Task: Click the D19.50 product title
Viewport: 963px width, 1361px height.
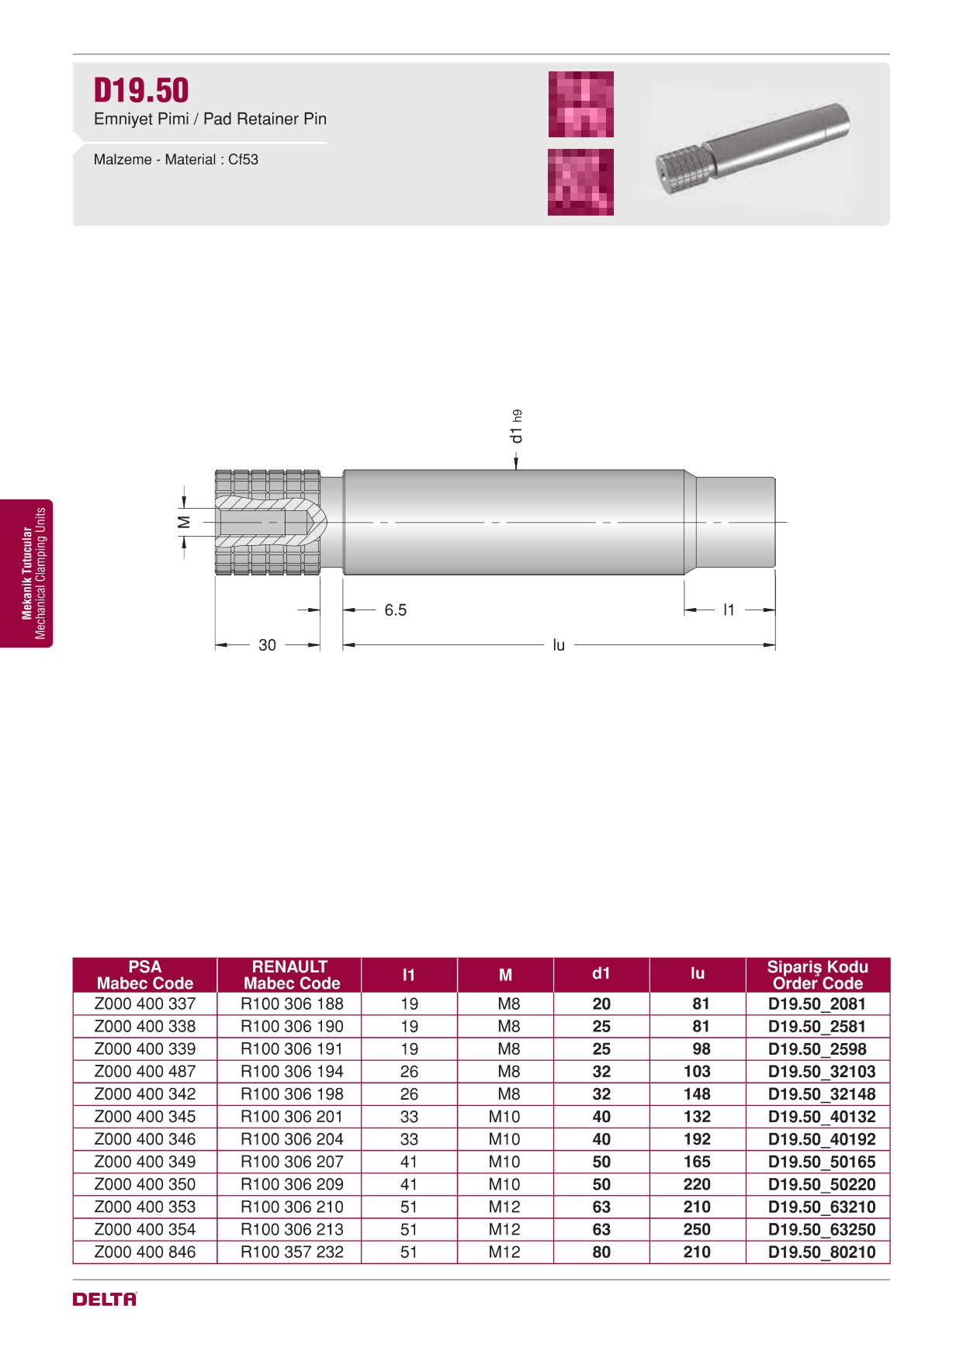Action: (x=141, y=90)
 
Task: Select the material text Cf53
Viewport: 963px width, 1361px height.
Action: (x=243, y=160)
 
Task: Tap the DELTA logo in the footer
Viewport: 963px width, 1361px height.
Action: (x=105, y=1299)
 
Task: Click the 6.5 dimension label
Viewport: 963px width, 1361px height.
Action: (x=395, y=610)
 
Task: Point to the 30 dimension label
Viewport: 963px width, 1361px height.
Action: (x=267, y=645)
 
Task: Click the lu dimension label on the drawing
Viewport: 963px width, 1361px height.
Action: (x=559, y=645)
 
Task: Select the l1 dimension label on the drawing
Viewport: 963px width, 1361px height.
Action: (x=728, y=610)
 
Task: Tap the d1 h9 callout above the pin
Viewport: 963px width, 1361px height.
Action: (x=516, y=427)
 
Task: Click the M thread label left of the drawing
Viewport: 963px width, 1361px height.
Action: (x=184, y=522)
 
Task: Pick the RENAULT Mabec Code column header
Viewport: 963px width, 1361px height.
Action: (x=290, y=975)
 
